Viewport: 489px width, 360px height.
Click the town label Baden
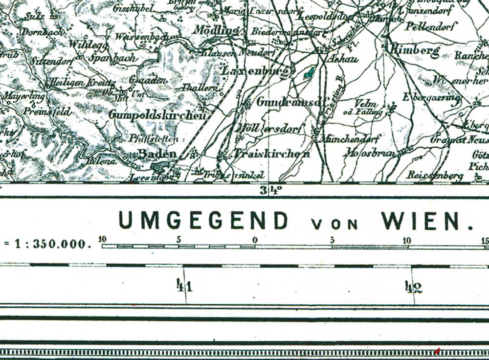[156, 154]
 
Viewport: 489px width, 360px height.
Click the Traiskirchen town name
[272, 154]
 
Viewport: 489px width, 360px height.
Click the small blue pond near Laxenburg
[310, 73]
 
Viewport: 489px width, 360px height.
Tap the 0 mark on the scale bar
[255, 240]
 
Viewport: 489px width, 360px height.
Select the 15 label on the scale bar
[485, 240]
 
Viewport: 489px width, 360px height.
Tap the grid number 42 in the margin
[413, 287]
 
